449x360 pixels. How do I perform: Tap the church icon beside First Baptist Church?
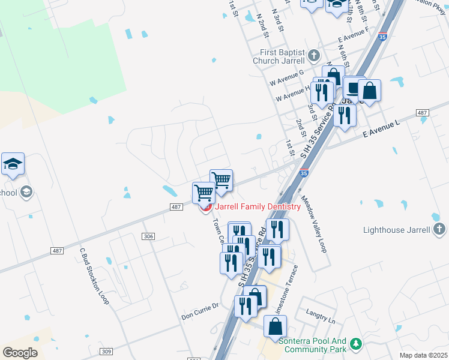pos(313,56)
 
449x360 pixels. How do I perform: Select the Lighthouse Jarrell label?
pos(397,230)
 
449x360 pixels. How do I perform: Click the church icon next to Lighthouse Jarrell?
pos(439,229)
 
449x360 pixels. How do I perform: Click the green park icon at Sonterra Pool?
pos(357,343)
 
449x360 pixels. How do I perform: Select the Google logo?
pos(20,352)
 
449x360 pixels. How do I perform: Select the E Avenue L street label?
pos(381,130)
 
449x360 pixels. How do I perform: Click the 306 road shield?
pos(149,237)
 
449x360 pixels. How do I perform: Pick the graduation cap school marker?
pos(13,164)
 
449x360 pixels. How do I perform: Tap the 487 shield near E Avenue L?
pos(422,113)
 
